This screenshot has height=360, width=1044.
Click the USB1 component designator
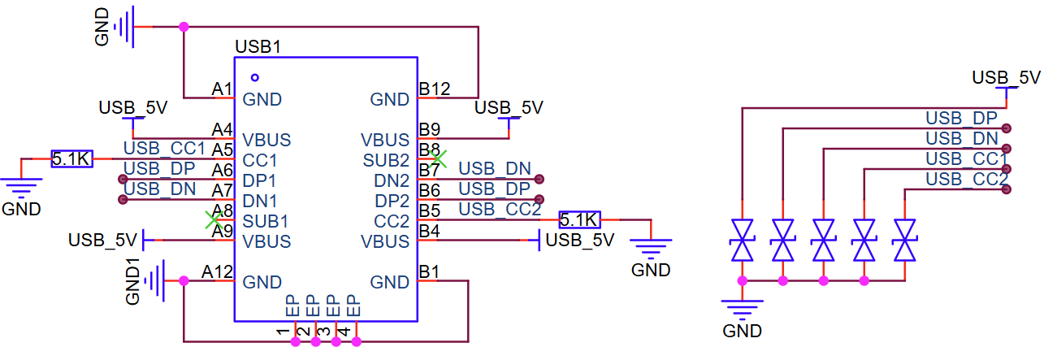coord(258,47)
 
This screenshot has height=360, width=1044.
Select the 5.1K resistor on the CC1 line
coord(71,158)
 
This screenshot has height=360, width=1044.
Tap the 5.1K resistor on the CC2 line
coord(579,219)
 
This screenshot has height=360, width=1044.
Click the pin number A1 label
coord(222,89)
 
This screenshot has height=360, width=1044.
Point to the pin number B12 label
coord(435,89)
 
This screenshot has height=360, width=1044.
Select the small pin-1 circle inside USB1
coord(255,77)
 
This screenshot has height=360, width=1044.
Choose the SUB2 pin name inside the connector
coord(386,160)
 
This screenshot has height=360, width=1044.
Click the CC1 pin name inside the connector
coord(259,160)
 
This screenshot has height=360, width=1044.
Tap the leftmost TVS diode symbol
coord(742,240)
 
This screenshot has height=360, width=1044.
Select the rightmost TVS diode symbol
coord(904,240)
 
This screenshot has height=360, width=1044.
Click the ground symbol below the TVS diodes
coord(742,309)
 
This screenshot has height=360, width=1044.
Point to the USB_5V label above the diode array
coord(1007,77)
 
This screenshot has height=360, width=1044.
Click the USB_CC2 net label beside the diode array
coord(966,179)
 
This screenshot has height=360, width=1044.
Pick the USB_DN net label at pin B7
coord(495,169)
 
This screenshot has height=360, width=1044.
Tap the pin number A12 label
coord(218,271)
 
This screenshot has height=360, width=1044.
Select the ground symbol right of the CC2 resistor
coord(651,248)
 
